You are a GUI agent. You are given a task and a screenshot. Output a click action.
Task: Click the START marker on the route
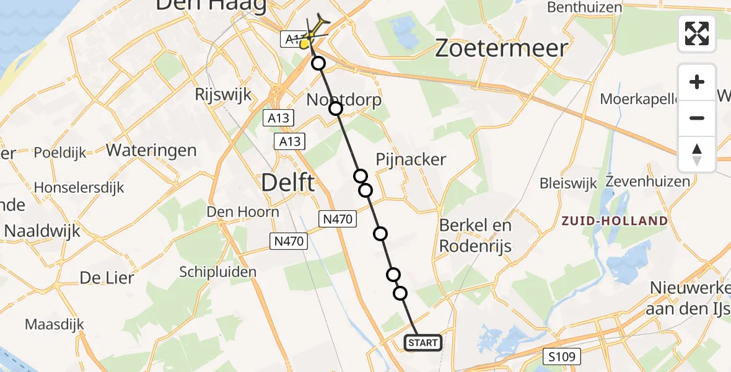(423, 343)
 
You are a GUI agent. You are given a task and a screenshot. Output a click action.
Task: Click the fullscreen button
(697, 33)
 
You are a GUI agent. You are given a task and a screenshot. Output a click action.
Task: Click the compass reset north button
(697, 154)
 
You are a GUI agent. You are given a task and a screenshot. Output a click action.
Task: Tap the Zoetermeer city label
(501, 48)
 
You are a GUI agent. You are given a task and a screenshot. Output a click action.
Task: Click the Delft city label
(288, 184)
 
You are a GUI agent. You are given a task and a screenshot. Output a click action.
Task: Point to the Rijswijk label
(223, 95)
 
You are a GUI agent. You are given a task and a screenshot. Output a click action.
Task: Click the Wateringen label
(151, 150)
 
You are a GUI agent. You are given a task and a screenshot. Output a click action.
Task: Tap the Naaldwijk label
(42, 231)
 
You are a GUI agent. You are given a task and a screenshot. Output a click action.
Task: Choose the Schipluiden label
(217, 272)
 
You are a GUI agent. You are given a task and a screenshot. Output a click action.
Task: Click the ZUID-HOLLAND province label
(615, 221)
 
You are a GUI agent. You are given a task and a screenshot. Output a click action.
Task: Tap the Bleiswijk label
(568, 183)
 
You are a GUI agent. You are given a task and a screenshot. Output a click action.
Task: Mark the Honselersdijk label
(79, 187)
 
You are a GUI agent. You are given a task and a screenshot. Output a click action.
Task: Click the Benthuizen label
(585, 7)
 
